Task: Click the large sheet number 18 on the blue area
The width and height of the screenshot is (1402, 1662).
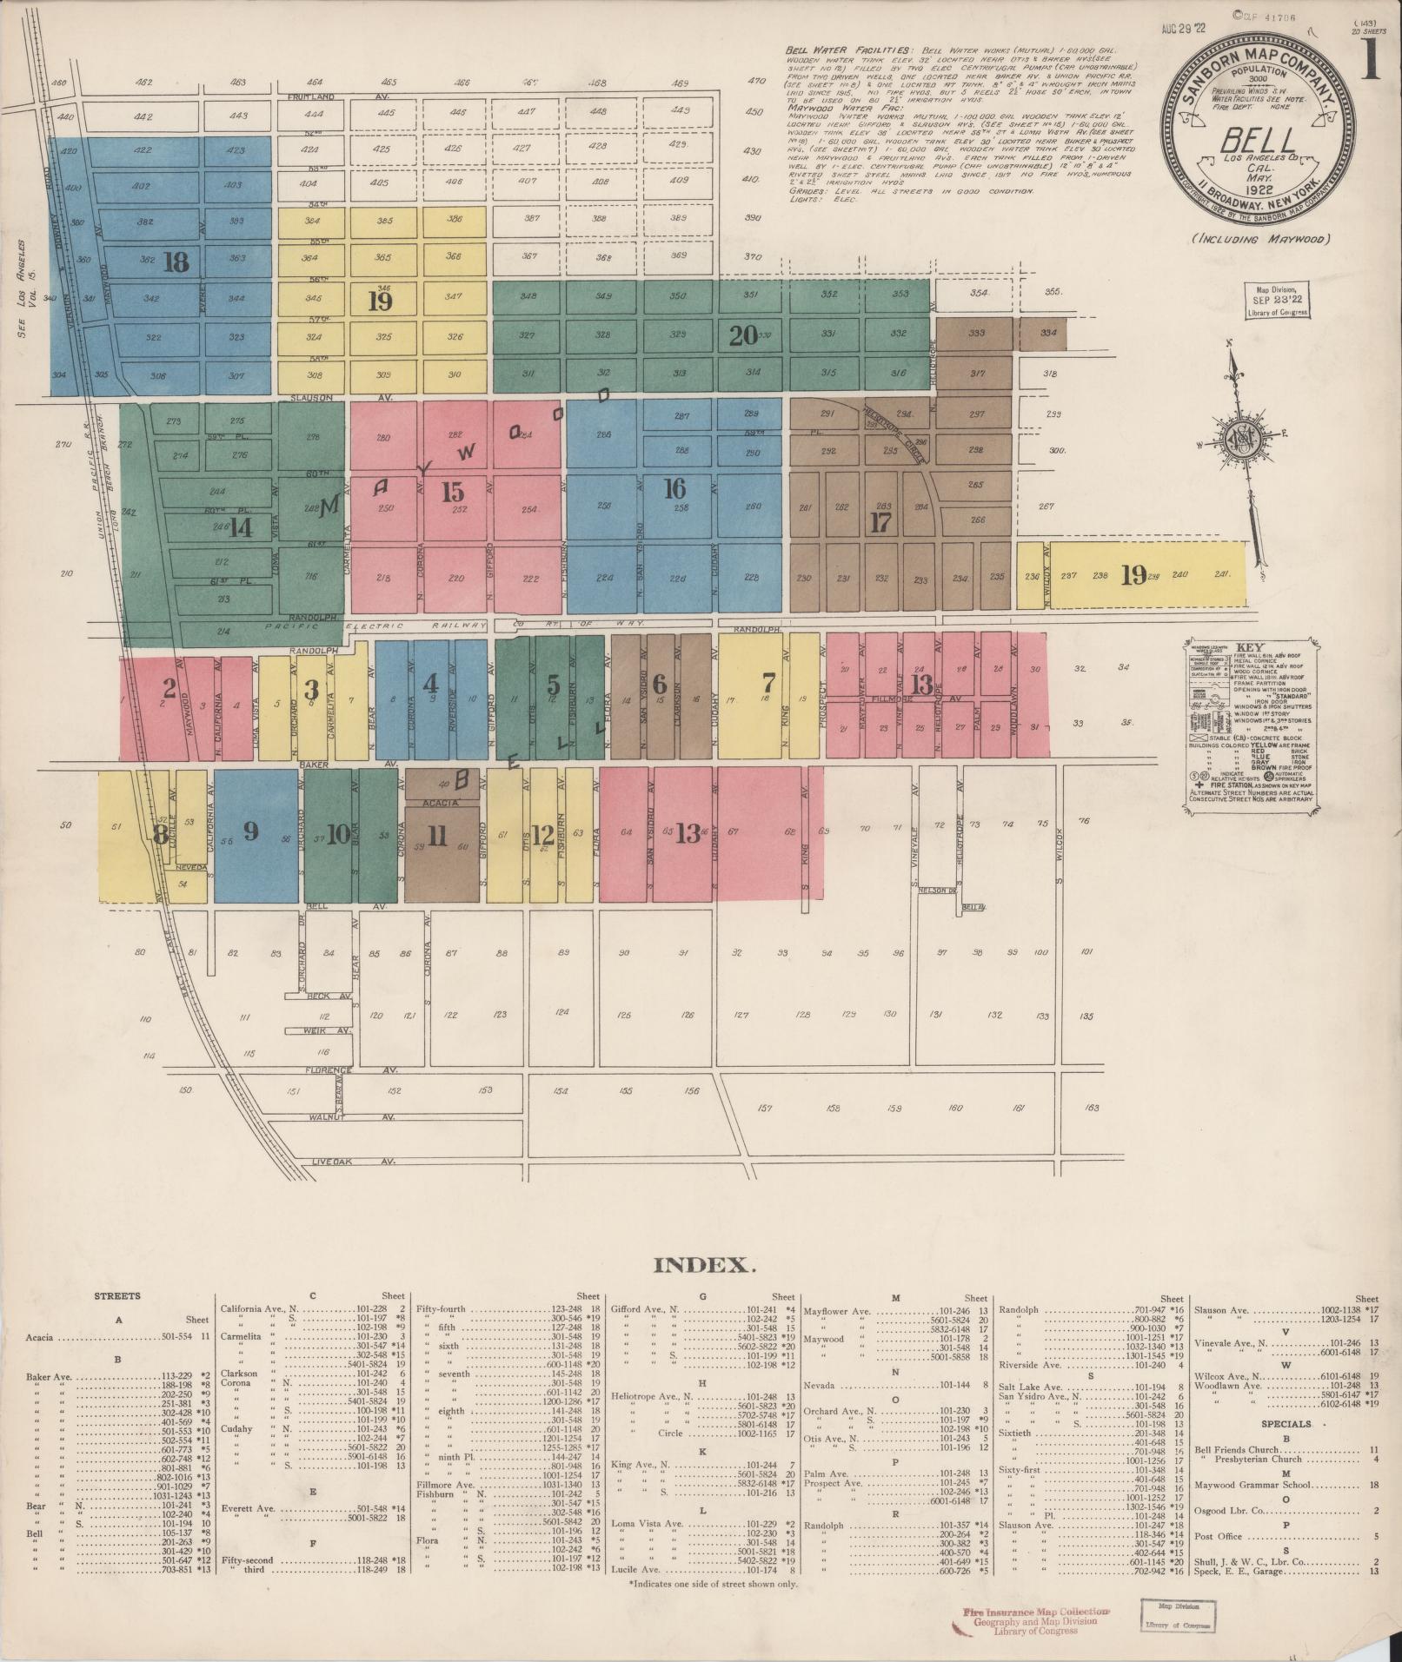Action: click(176, 262)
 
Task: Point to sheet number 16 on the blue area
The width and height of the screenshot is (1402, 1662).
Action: click(674, 488)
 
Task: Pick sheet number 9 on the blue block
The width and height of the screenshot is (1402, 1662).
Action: click(251, 831)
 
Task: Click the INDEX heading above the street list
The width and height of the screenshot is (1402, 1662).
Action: click(703, 1264)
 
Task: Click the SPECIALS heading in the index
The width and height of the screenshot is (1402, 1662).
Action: click(1286, 1424)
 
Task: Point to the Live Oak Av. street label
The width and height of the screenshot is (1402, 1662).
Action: click(352, 1161)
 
